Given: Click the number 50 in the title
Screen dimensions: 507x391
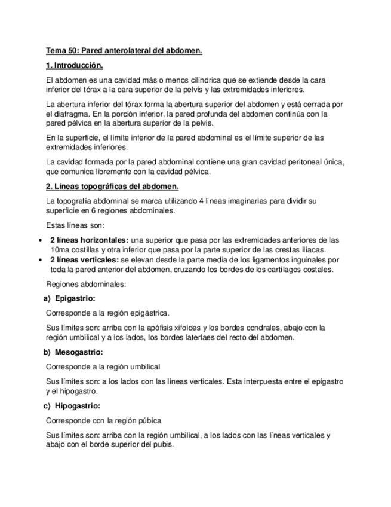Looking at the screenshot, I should point(75,51).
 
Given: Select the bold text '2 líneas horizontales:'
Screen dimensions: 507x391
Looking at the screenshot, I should point(89,240).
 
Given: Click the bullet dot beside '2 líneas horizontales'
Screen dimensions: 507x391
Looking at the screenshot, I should point(39,240).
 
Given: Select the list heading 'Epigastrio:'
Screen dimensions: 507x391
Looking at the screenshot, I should point(75,298).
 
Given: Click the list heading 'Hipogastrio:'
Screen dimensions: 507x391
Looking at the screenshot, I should point(78,406).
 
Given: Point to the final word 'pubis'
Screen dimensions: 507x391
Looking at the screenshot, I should point(164,445).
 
